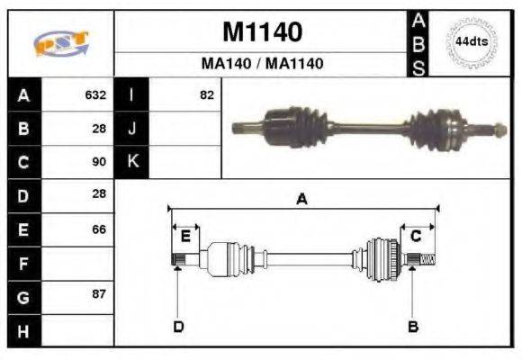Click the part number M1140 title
click(262, 32)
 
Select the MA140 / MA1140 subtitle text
click(262, 64)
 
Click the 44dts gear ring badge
click(471, 41)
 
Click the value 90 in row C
click(99, 162)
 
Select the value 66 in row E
click(99, 229)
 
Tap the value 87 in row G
click(99, 295)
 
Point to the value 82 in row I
click(207, 94)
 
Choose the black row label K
click(131, 162)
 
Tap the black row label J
click(131, 129)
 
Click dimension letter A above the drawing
click(302, 201)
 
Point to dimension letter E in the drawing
click(185, 236)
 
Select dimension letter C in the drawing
click(416, 236)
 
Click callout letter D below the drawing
click(177, 326)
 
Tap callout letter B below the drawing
click(413, 326)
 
